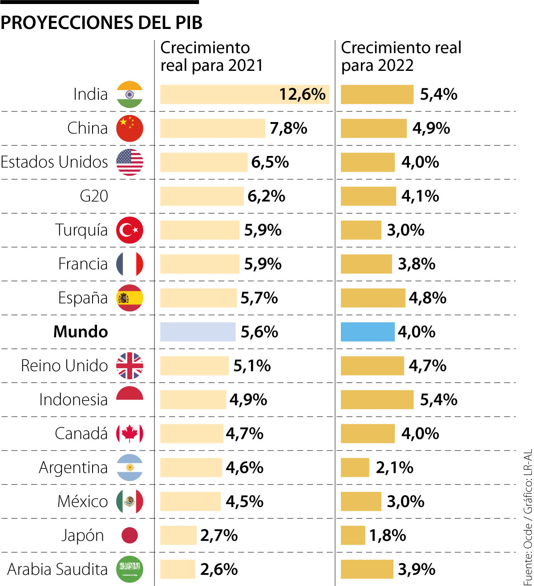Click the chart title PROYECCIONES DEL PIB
coord(101,23)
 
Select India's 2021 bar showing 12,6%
coord(244,94)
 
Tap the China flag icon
coord(129,128)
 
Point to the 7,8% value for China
coord(288,128)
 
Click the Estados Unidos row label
coord(54,162)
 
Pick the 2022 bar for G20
coord(368,196)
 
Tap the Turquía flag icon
coord(129,230)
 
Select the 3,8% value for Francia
coord(417,264)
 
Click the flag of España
coord(129,298)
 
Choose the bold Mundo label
coord(81,332)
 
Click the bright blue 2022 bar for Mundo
coord(368,332)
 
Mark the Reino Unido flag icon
coord(129,366)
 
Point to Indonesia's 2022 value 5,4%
coord(439,400)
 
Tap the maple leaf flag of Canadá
coord(129,434)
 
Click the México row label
coord(83,501)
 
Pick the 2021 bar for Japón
coord(178,535)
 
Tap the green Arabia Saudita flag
coord(129,569)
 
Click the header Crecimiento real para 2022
coord(401,57)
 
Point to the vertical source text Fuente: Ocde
coord(528,553)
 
